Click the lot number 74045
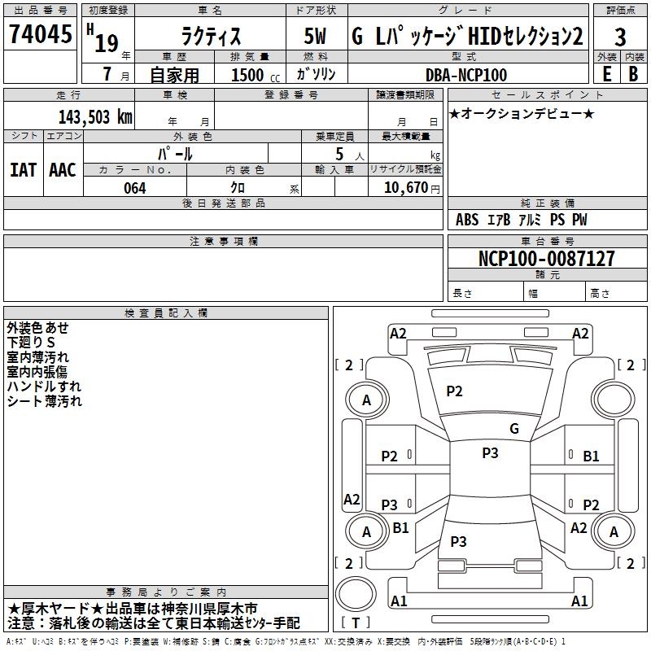click(x=40, y=34)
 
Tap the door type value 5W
click(x=316, y=37)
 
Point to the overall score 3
click(x=620, y=37)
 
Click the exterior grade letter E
click(x=606, y=74)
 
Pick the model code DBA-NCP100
click(x=466, y=75)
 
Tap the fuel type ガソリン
click(x=316, y=74)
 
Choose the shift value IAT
click(x=24, y=169)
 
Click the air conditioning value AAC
click(x=62, y=169)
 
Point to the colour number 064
click(x=134, y=188)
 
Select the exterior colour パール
click(x=175, y=154)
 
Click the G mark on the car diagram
click(x=513, y=428)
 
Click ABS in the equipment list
click(x=467, y=220)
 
